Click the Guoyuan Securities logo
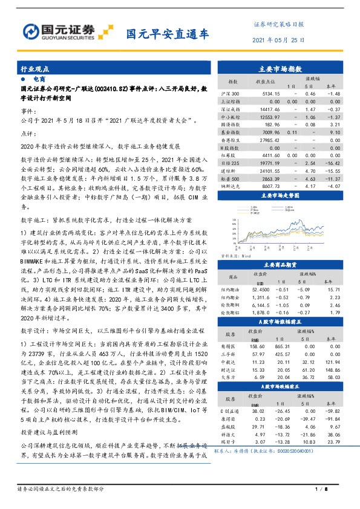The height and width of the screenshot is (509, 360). coord(61,31)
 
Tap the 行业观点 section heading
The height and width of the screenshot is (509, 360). coord(34,70)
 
